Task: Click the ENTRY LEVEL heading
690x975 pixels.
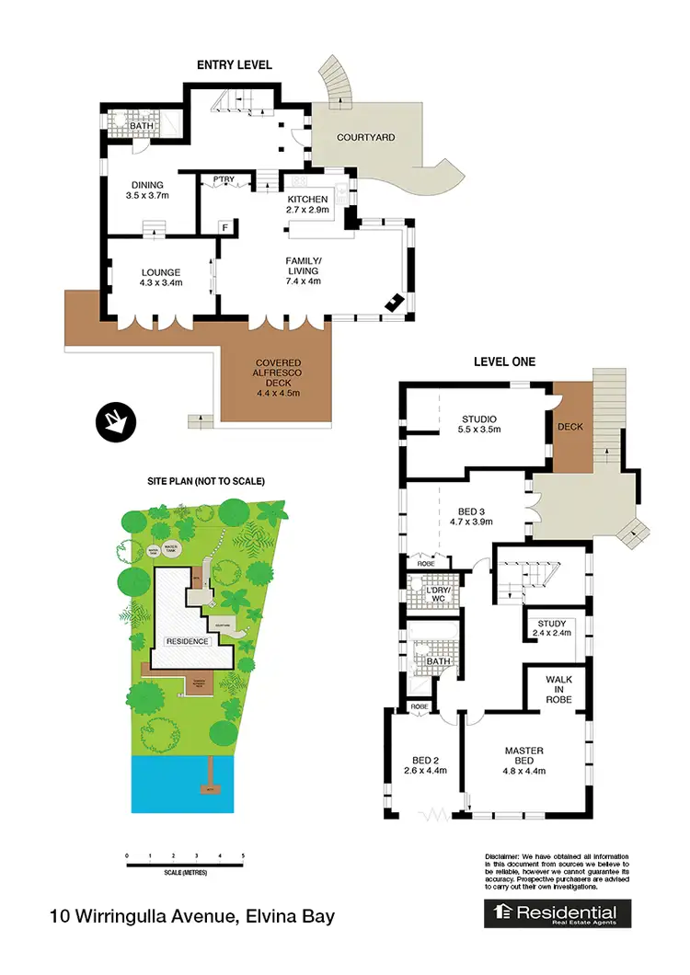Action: (x=234, y=64)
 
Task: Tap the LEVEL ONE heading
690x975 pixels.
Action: (x=503, y=361)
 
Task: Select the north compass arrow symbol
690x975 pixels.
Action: (x=116, y=422)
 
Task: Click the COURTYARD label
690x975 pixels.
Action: (x=365, y=137)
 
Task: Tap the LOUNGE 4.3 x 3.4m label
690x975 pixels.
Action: (x=161, y=277)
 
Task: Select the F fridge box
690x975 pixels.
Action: (x=224, y=226)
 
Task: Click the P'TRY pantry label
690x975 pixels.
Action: (x=223, y=179)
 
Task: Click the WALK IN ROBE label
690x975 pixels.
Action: (x=558, y=690)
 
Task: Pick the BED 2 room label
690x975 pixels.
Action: (x=424, y=764)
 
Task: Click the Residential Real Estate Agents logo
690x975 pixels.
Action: (x=558, y=914)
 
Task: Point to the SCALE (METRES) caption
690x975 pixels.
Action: (x=185, y=871)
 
